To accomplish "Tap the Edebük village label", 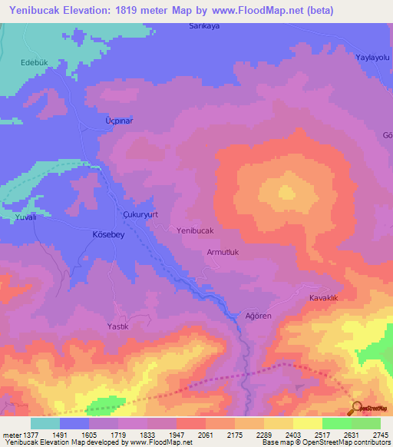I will click(35, 62).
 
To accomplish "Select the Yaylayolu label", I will click(372, 58).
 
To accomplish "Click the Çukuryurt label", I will click(140, 215).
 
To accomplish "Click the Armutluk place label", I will click(223, 252).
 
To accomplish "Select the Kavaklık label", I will click(324, 297).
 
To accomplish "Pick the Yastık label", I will click(117, 326).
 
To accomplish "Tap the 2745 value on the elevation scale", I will click(380, 434).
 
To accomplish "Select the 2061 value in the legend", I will click(205, 434).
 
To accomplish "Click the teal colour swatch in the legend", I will click(45, 423).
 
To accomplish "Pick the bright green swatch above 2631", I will click(337, 423).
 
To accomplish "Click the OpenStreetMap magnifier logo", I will click(357, 408).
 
